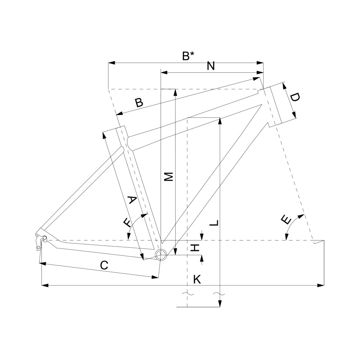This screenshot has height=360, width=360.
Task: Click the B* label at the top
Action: [188, 56]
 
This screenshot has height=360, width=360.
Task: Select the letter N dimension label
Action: [211, 66]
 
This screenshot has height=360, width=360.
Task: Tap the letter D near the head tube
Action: [294, 97]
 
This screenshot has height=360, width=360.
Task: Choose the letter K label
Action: [197, 279]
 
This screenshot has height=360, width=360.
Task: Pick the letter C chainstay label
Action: [104, 265]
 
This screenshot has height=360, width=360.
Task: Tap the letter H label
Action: [195, 248]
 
